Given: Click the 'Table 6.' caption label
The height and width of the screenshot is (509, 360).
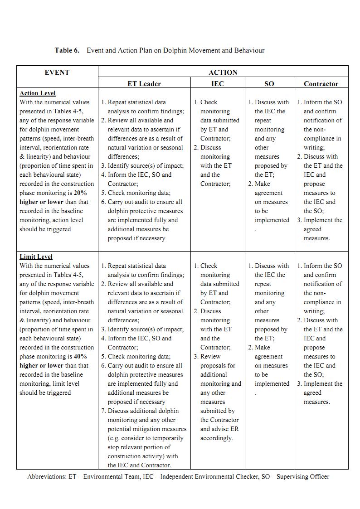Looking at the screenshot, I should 67,50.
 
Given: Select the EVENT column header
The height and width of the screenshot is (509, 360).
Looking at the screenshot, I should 57,72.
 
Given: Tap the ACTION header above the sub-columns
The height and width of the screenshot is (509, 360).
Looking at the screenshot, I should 223,72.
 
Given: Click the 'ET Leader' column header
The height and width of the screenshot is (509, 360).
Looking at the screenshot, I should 144,84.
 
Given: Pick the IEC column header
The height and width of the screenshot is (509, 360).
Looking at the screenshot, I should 218,84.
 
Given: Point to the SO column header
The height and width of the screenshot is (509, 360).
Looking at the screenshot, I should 269,84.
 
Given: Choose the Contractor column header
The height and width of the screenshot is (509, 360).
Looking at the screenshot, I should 321,84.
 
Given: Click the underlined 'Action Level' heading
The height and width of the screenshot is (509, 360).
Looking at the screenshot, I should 38,93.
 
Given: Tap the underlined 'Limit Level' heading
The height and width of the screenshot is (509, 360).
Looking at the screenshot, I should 36,257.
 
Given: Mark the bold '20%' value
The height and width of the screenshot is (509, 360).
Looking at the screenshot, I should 80,193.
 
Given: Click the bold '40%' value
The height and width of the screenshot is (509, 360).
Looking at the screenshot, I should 80,357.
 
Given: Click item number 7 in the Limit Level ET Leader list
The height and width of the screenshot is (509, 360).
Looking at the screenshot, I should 104,411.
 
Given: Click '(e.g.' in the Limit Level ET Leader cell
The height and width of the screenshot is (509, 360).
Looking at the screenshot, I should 115,438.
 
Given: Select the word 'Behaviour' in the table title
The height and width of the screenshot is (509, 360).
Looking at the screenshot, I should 249,50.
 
